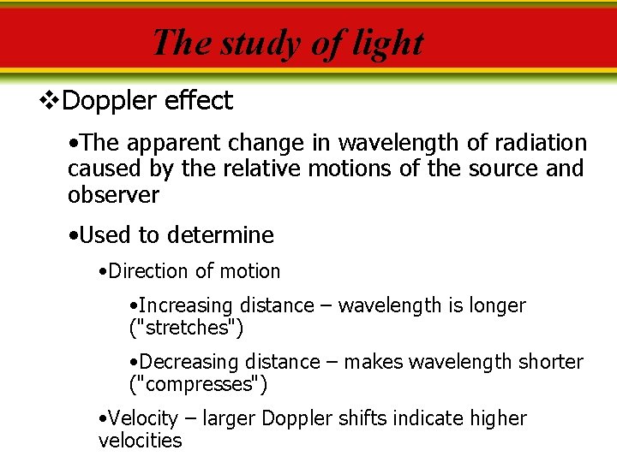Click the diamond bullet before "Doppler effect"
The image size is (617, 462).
point(50,101)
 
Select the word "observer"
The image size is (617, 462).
point(113,195)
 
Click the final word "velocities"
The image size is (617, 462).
point(140,441)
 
